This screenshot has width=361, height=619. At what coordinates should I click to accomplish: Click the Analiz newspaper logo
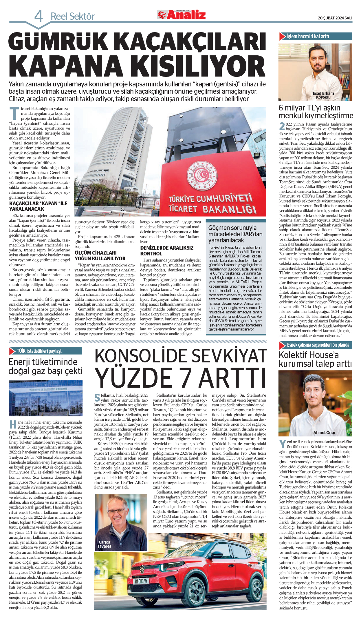(x=182, y=14)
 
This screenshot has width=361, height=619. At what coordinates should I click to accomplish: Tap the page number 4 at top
(x=39, y=16)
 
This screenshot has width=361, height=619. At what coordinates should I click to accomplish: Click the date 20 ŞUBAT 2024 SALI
(x=335, y=18)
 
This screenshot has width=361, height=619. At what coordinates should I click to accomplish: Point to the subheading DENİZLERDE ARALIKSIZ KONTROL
(x=167, y=250)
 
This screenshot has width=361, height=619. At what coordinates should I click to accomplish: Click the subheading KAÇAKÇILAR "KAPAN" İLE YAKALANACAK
(x=38, y=206)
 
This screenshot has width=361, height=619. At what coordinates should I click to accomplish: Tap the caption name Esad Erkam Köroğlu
(x=323, y=95)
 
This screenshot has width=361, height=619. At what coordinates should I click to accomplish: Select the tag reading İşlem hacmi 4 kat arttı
(x=308, y=37)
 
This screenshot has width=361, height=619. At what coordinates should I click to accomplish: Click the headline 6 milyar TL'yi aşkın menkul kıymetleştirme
(x=316, y=112)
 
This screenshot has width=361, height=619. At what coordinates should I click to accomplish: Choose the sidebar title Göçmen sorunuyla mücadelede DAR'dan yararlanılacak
(x=235, y=234)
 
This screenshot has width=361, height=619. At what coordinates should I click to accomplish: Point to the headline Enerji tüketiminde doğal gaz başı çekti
(x=45, y=366)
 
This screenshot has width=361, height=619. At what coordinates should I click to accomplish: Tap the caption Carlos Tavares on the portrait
(x=104, y=544)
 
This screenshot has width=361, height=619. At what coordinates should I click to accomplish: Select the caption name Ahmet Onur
(x=324, y=433)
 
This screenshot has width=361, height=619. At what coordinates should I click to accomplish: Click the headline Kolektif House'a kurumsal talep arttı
(x=315, y=359)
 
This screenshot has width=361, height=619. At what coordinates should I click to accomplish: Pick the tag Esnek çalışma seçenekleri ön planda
(x=318, y=345)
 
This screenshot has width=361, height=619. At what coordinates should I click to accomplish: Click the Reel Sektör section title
(x=73, y=17)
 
